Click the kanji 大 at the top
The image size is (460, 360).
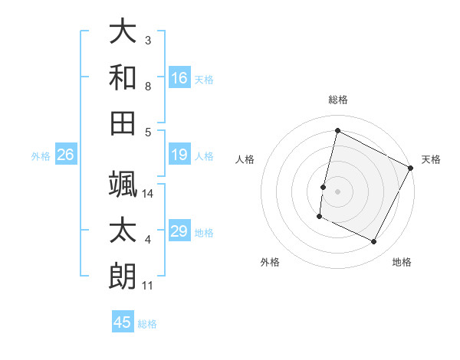[123, 33]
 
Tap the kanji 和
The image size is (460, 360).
[123, 77]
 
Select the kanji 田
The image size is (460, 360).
[123, 123]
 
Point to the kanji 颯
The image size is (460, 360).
[123, 184]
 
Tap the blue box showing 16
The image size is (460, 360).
[179, 78]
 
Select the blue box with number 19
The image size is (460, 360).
[179, 155]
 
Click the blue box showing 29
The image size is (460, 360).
[179, 232]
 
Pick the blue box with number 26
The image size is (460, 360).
[66, 155]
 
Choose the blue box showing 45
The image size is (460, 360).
[123, 322]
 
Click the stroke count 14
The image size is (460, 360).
[149, 194]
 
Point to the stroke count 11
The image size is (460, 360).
[148, 286]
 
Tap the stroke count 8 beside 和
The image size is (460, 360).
[148, 87]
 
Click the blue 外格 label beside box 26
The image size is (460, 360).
[41, 156]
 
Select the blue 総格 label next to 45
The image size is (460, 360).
[147, 323]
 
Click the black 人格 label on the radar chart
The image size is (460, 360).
[245, 159]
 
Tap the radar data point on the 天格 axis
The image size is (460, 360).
[411, 168]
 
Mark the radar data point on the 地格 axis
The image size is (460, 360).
[374, 242]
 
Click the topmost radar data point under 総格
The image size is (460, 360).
[337, 130]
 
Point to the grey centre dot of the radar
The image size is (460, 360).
[338, 191]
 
